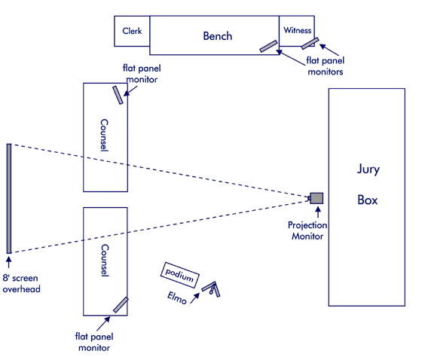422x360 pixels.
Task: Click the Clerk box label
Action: point(132,31)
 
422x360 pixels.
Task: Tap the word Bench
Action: point(218,36)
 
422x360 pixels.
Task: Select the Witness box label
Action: point(298,30)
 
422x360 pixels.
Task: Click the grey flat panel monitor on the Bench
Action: point(268,46)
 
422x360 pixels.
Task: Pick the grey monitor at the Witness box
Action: point(310,44)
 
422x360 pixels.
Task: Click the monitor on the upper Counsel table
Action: point(118,95)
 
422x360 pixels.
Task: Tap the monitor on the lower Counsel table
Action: point(121,305)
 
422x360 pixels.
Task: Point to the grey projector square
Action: point(316,198)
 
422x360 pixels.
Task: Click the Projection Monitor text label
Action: point(307,230)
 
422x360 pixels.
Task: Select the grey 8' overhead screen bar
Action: point(9,199)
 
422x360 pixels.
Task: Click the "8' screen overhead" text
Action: point(22,284)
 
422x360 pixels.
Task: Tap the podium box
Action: point(180,275)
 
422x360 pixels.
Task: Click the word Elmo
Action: point(177,297)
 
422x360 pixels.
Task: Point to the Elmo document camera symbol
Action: point(211,288)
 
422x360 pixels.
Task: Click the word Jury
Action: point(368,169)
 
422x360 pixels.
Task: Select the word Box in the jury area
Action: point(368,200)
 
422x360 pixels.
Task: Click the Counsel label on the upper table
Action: point(105,135)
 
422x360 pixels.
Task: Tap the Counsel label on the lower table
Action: point(105,260)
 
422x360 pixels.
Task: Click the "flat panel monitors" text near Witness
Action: point(325,66)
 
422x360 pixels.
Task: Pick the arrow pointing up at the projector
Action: point(318,212)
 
